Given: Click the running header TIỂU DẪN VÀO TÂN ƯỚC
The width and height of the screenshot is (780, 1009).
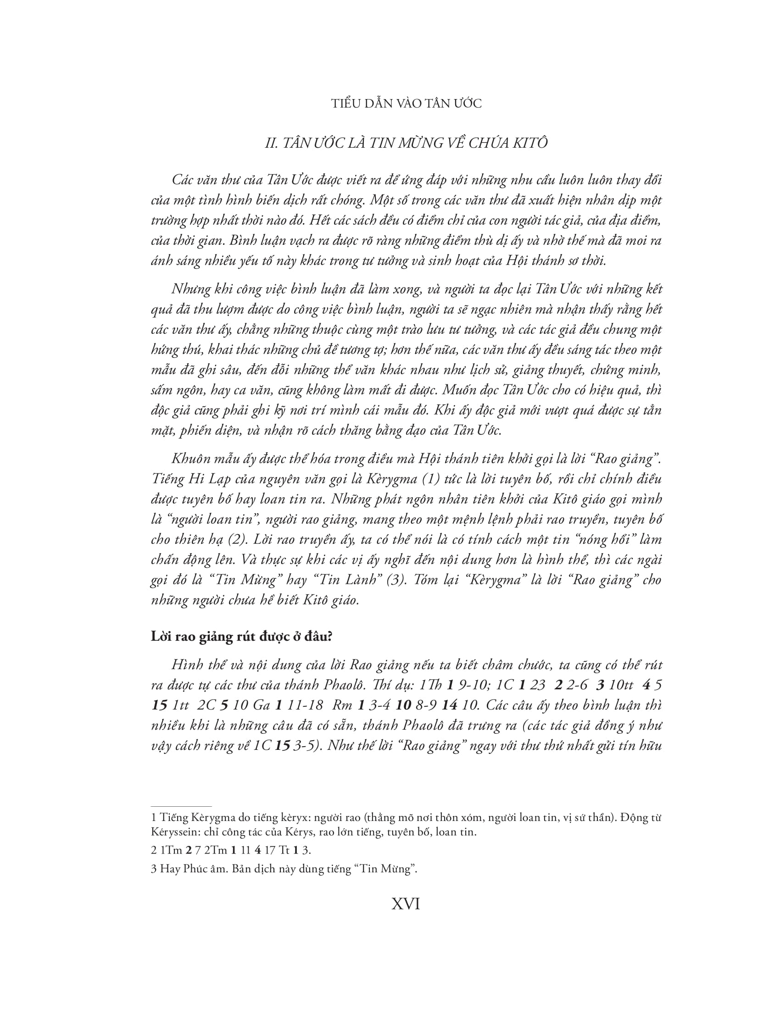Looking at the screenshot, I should click(406, 104).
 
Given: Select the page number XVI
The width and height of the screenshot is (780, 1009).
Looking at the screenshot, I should click(406, 904).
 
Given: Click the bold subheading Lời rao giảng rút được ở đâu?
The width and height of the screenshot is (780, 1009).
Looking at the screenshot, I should click(242, 637).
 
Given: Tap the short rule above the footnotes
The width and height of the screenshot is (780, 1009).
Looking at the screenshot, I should click(181, 806).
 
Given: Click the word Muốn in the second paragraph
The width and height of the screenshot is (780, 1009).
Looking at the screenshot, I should click(457, 390).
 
